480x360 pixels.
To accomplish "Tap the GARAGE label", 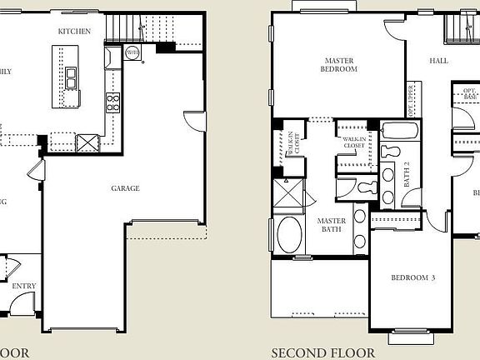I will pos(126,188).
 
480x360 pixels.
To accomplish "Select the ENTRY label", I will pos(24,287).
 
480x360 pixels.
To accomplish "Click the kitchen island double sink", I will pos(71,76).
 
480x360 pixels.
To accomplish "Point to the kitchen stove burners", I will pos(112,102).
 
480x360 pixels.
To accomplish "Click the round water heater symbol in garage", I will pos(132,52).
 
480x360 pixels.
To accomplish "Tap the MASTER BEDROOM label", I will pos(340,65).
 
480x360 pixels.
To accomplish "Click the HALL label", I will pos(438,61).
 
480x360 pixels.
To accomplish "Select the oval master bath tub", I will pos(290,234).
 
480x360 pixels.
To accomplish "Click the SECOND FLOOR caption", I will pos(323,352).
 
